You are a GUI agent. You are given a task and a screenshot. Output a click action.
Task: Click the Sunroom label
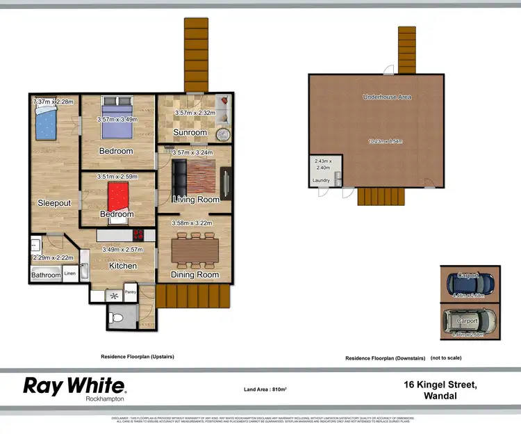tap(190, 132)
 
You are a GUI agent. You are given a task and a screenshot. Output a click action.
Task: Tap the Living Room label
tap(196, 200)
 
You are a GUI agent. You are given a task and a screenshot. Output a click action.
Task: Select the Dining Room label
tap(195, 275)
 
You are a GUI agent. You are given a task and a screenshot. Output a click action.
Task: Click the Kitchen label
tap(122, 266)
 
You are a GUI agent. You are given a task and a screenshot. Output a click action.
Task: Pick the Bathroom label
tap(46, 275)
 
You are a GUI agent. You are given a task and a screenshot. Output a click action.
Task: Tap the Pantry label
tap(131, 291)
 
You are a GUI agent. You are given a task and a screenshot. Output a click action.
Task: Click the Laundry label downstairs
tap(321, 181)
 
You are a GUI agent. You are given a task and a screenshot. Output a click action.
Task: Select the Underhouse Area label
tap(387, 97)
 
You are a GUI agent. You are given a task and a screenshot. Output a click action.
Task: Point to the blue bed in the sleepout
tap(45, 124)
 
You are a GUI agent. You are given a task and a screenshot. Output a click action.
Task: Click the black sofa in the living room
tap(179, 179)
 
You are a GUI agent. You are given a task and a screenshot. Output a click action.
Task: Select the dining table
tap(195, 248)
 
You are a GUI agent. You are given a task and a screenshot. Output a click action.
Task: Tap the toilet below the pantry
tap(117, 319)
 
